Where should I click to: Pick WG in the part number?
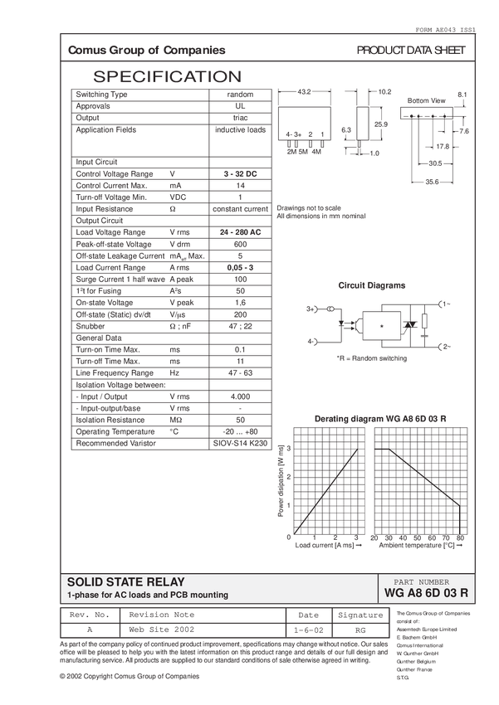coord(393,593)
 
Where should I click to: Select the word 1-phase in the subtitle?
coord(82,596)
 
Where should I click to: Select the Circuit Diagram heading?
coord(371,284)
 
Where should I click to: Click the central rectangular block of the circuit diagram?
coord(382,325)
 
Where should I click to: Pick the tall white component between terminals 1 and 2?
coord(426,323)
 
